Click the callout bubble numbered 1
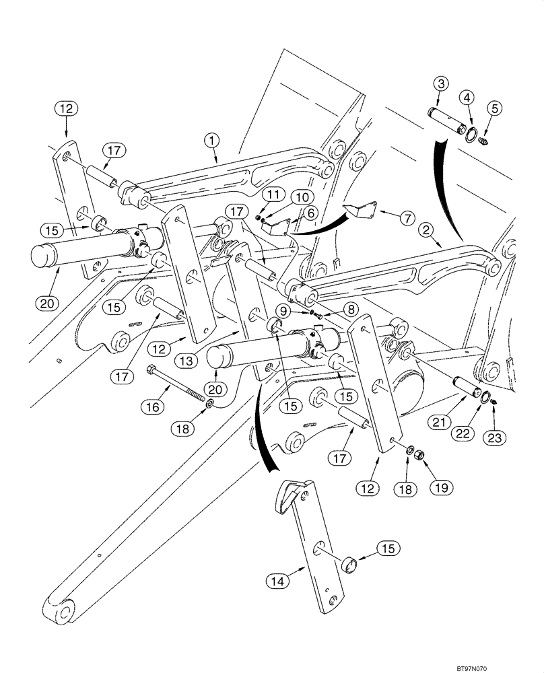click(x=212, y=140)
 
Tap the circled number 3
click(x=440, y=83)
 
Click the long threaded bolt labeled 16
click(x=178, y=384)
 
